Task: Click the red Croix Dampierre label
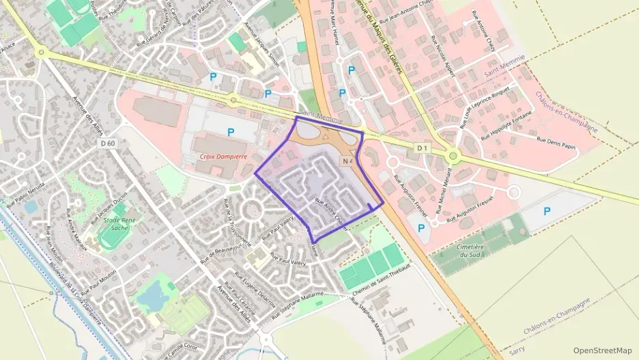[223, 156]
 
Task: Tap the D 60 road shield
[107, 143]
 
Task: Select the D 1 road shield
[423, 148]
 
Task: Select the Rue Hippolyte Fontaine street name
[509, 126]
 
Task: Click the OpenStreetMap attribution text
[602, 350]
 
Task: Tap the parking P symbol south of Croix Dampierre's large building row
[231, 132]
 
